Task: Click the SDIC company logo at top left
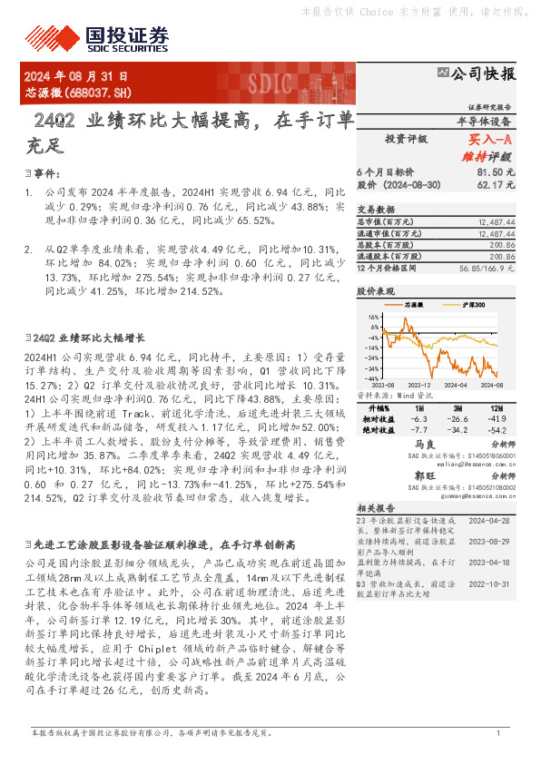pos(127,35)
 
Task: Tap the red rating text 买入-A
pos(491,140)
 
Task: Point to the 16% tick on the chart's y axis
pos(371,318)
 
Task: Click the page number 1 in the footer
pos(498,732)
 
